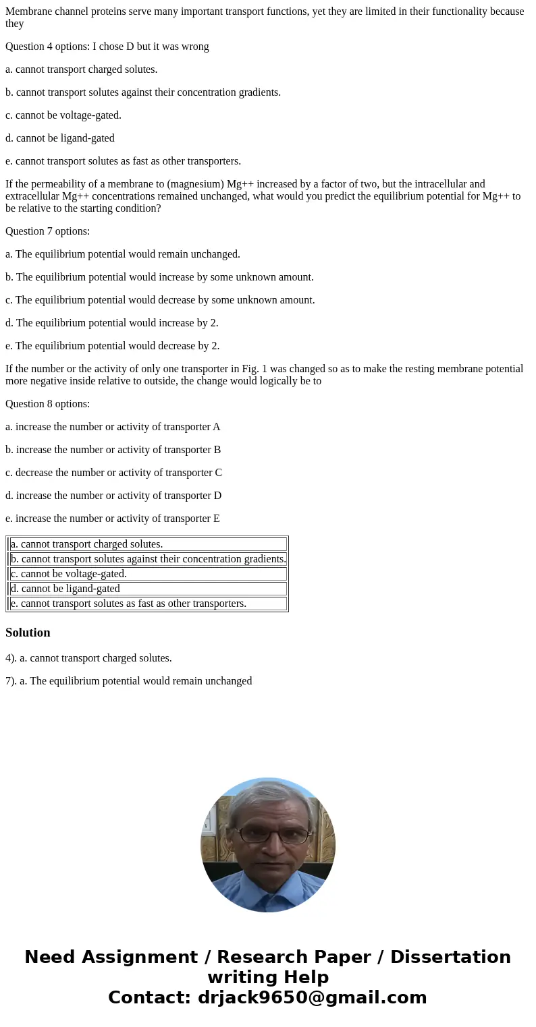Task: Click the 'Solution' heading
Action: click(x=28, y=633)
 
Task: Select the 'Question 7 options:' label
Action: click(x=47, y=231)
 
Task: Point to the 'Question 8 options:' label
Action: click(x=47, y=404)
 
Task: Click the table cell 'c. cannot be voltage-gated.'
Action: click(x=69, y=574)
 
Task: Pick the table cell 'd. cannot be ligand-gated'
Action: click(x=65, y=589)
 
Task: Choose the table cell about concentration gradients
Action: click(x=149, y=559)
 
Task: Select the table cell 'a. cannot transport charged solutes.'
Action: click(x=87, y=544)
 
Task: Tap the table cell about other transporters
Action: click(x=128, y=604)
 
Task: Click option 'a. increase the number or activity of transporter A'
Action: click(x=113, y=427)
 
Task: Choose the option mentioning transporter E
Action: click(x=113, y=519)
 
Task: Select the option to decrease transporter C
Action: click(x=113, y=473)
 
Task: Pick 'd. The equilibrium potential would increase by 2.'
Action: click(x=112, y=323)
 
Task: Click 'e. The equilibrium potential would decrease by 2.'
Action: click(x=112, y=346)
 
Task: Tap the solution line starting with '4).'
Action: click(x=88, y=658)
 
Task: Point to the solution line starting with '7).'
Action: click(x=128, y=681)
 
